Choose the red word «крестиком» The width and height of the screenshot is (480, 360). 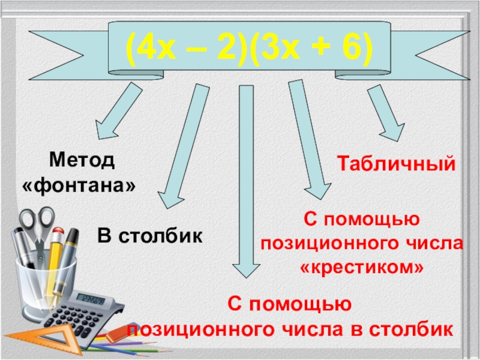click(361, 267)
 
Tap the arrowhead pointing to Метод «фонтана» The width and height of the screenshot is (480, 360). click(106, 129)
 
